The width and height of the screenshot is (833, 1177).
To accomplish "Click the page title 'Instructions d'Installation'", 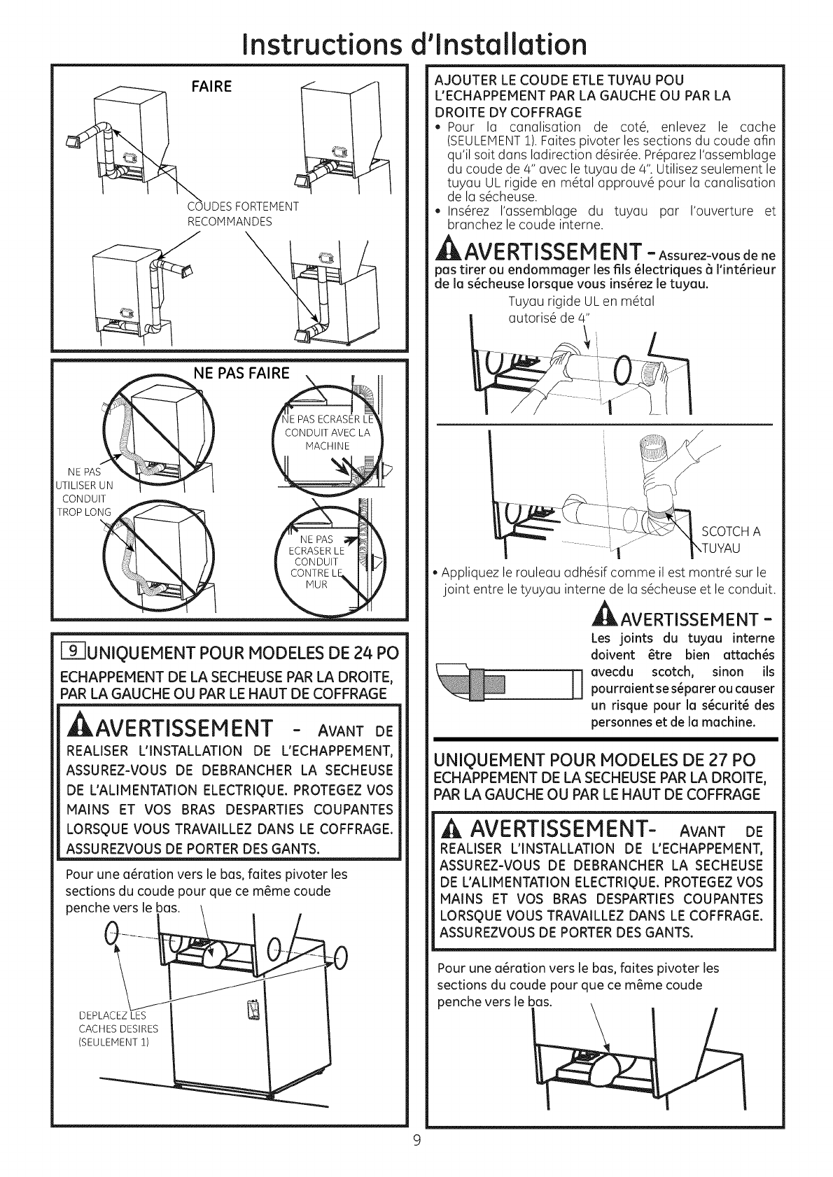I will click(416, 43).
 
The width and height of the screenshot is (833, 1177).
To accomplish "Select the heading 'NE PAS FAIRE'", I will click(241, 372).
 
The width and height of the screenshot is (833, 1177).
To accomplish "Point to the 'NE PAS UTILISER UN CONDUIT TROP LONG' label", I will click(83, 492).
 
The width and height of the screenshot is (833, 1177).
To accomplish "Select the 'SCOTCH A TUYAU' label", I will click(731, 539).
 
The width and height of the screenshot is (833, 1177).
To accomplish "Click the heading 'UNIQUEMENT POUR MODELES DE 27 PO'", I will click(595, 761).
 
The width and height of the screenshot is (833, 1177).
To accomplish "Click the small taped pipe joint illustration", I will click(507, 682).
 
